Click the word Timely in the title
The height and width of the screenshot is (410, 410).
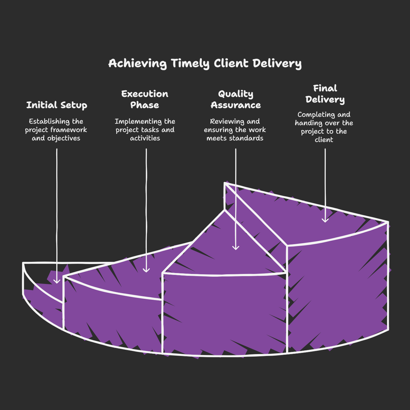point(190,64)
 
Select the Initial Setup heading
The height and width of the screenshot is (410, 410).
point(57,105)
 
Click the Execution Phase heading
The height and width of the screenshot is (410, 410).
point(145,99)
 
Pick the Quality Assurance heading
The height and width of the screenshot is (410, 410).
point(236,99)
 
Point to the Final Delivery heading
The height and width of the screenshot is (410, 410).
point(325,94)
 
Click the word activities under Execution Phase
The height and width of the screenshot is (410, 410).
point(145,138)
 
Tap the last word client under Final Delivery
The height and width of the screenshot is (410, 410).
point(324,140)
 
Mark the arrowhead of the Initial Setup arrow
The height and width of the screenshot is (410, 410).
point(57,281)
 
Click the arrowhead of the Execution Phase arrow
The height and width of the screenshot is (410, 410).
point(146,270)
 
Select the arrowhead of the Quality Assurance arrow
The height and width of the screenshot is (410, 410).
point(236,248)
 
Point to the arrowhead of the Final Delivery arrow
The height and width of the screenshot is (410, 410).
point(325,220)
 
